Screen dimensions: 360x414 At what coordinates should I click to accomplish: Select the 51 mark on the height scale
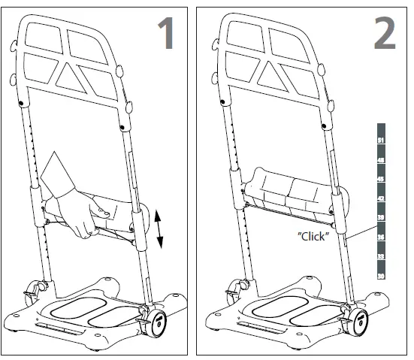click(380, 141)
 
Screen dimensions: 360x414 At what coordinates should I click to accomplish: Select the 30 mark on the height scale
click(380, 275)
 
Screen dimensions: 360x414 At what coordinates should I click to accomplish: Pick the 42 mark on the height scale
click(380, 198)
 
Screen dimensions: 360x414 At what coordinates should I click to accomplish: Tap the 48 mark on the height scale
click(380, 160)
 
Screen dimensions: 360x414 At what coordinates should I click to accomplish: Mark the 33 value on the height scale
click(380, 256)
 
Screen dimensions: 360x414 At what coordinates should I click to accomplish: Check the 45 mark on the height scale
click(380, 179)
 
